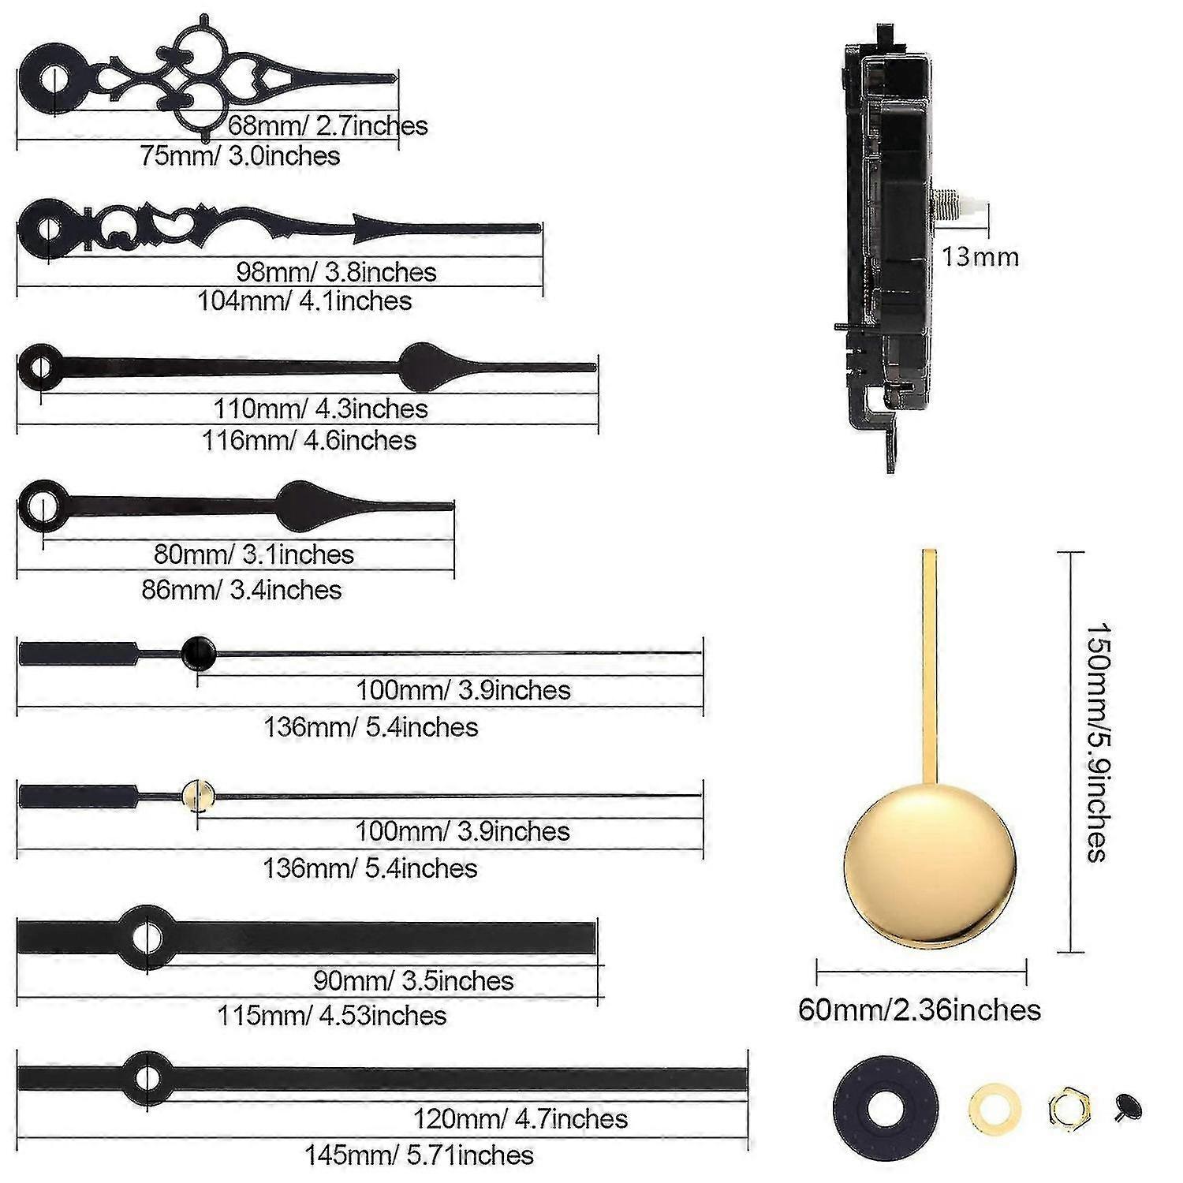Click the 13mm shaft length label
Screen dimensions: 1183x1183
tap(980, 257)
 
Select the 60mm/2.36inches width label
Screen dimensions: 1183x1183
tap(920, 1009)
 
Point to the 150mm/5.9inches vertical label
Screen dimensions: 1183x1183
tap(1099, 742)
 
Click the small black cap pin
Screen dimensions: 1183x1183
tap(1129, 1106)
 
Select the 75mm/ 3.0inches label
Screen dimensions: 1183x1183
tap(241, 155)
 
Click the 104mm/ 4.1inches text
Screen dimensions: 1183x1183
tap(304, 300)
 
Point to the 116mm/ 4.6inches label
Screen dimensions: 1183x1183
tap(309, 440)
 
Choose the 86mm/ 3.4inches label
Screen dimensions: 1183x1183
tap(241, 589)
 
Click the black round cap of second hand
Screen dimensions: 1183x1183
tap(198, 652)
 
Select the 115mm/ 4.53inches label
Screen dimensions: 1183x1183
tap(332, 1015)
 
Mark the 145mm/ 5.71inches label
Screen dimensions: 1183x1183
tap(420, 1155)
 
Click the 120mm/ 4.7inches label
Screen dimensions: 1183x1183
tap(521, 1118)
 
